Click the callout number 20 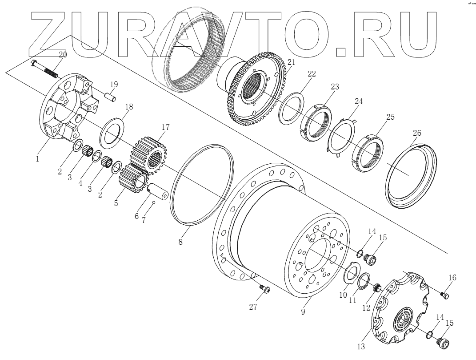tap(63, 54)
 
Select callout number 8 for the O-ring tap(180, 242)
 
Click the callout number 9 tap(303, 312)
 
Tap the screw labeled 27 tap(265, 290)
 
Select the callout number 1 tap(37, 158)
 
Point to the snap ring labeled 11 tap(364, 282)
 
